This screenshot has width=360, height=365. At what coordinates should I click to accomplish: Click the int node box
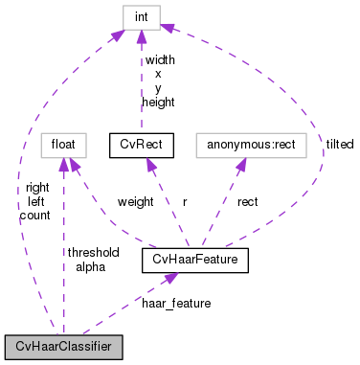(140, 15)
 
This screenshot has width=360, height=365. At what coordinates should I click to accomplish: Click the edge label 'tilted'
(339, 144)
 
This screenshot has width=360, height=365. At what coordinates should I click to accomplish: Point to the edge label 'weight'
(135, 202)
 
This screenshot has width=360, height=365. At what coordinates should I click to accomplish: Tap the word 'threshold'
(93, 252)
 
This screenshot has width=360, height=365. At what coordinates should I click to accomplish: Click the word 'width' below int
(159, 60)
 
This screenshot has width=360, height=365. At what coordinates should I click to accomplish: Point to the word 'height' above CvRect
(158, 101)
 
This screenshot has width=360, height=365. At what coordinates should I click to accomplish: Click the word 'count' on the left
(34, 216)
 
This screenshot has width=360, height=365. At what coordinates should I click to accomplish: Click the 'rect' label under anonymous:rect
(248, 202)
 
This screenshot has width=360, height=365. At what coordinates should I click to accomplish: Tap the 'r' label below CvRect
(183, 202)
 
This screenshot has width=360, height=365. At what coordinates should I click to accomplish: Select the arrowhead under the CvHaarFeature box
(169, 278)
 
